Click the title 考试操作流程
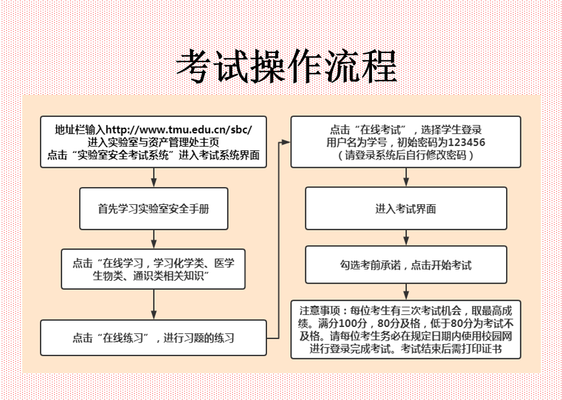coord(287,67)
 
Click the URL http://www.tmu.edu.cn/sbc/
coord(179,130)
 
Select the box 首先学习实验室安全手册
coord(153,209)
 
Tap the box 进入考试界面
coord(406,208)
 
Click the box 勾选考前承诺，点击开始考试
coord(406,265)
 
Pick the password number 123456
coord(466,142)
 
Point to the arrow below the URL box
coord(153,177)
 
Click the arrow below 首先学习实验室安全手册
coord(153,239)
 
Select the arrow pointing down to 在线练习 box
coord(153,304)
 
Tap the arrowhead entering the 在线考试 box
coord(286,142)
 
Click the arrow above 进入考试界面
coord(406,177)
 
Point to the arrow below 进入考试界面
coord(406,237)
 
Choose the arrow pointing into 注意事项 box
coord(406,292)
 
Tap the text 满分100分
coord(342,324)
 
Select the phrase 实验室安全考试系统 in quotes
coord(123,155)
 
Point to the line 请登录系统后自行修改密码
coord(406,155)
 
